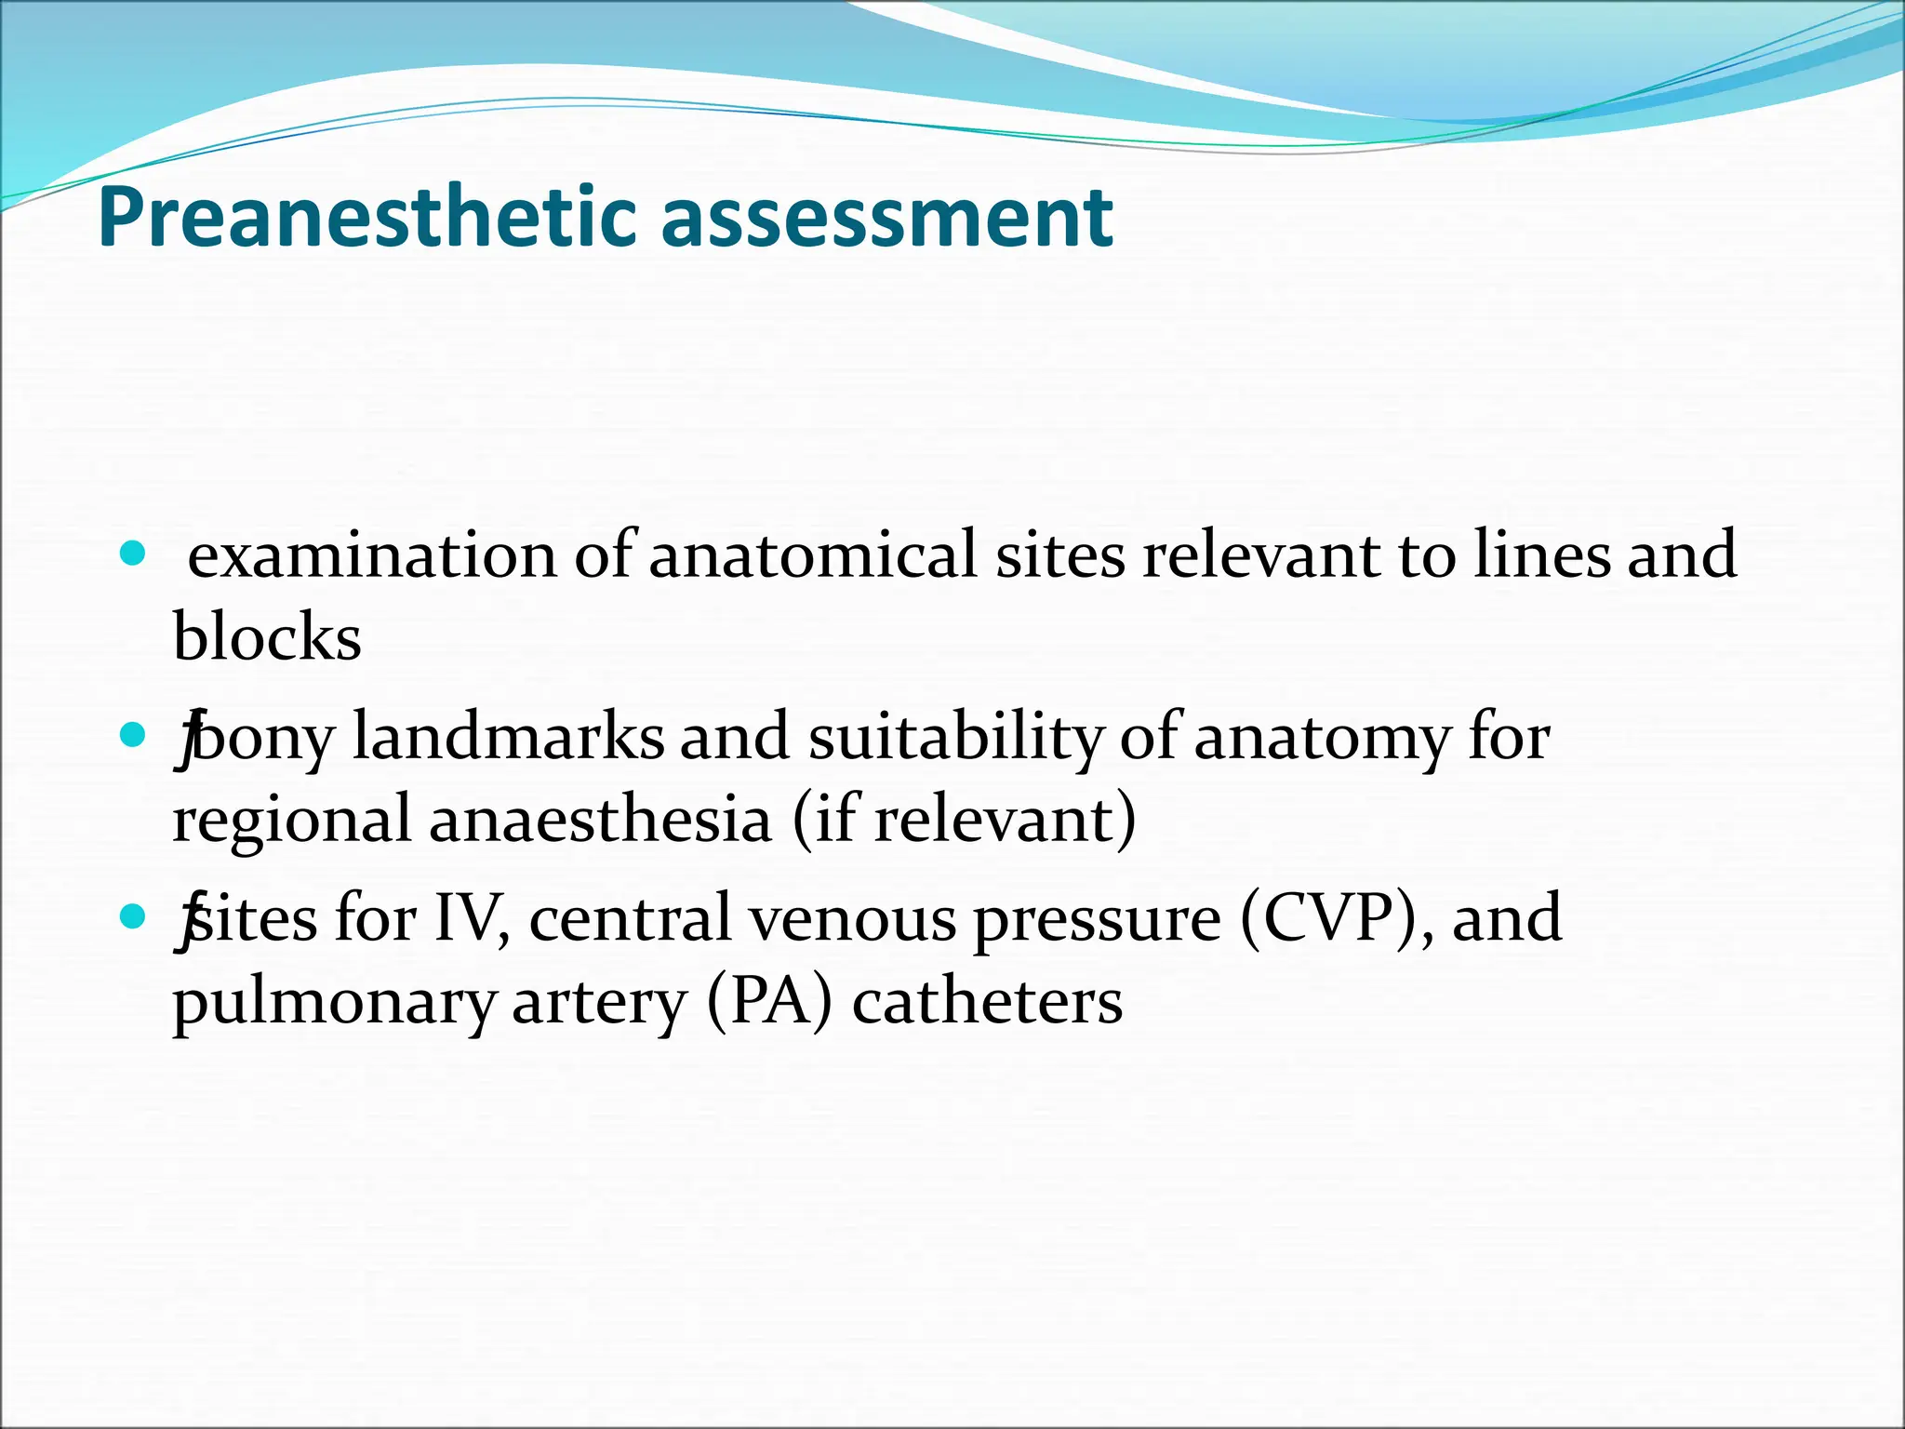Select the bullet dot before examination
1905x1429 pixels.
click(134, 554)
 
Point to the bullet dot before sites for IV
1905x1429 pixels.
click(134, 917)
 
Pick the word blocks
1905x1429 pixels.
click(267, 638)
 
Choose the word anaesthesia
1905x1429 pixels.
click(600, 820)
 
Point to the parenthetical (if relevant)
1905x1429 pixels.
click(965, 820)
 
